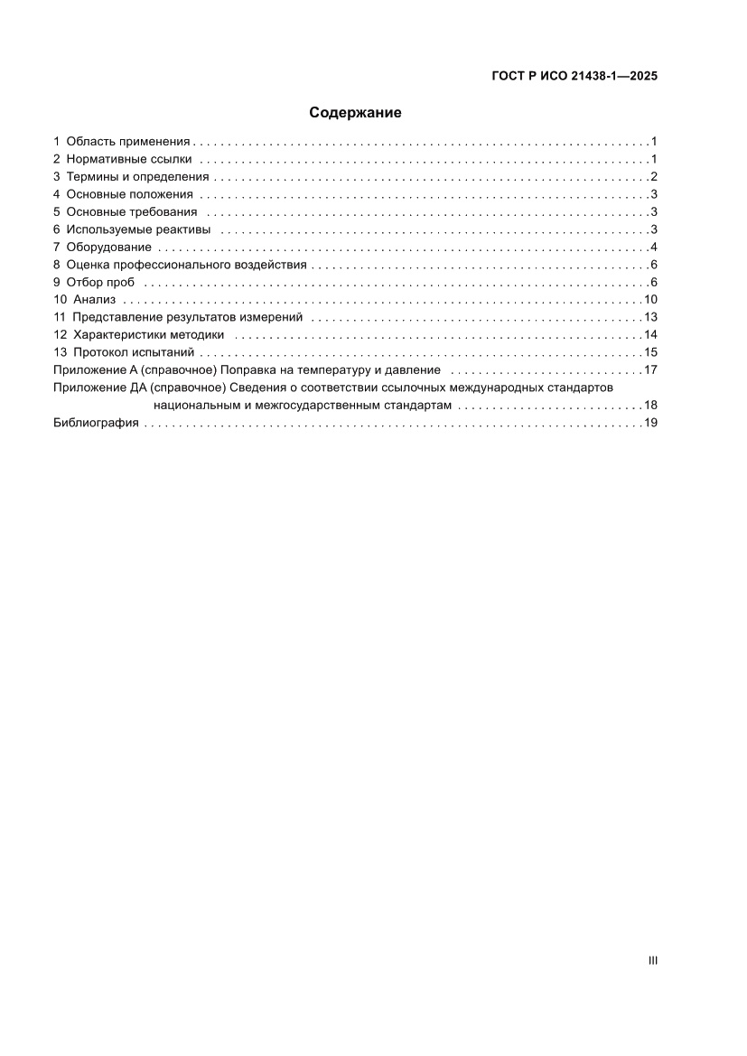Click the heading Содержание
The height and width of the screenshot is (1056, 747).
[x=355, y=113]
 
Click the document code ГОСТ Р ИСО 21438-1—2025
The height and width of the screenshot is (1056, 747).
[x=574, y=77]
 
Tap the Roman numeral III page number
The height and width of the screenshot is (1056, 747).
[x=653, y=961]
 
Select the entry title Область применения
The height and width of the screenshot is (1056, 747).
[x=128, y=142]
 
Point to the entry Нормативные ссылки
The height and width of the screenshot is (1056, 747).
[x=129, y=159]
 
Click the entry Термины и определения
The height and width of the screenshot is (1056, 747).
[x=137, y=177]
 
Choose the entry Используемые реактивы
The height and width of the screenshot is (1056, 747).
[x=138, y=229]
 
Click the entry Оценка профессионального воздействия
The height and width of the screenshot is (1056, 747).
[x=187, y=265]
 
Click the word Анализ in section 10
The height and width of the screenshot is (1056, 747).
[x=95, y=300]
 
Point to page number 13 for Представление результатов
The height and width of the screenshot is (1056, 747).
[x=650, y=317]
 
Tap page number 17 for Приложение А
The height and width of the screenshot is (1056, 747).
[x=650, y=370]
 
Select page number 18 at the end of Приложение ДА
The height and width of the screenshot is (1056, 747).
[x=650, y=406]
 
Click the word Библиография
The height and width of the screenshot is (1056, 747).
[x=96, y=423]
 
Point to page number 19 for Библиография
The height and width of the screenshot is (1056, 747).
[x=650, y=423]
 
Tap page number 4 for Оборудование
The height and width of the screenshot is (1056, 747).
[x=653, y=248]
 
